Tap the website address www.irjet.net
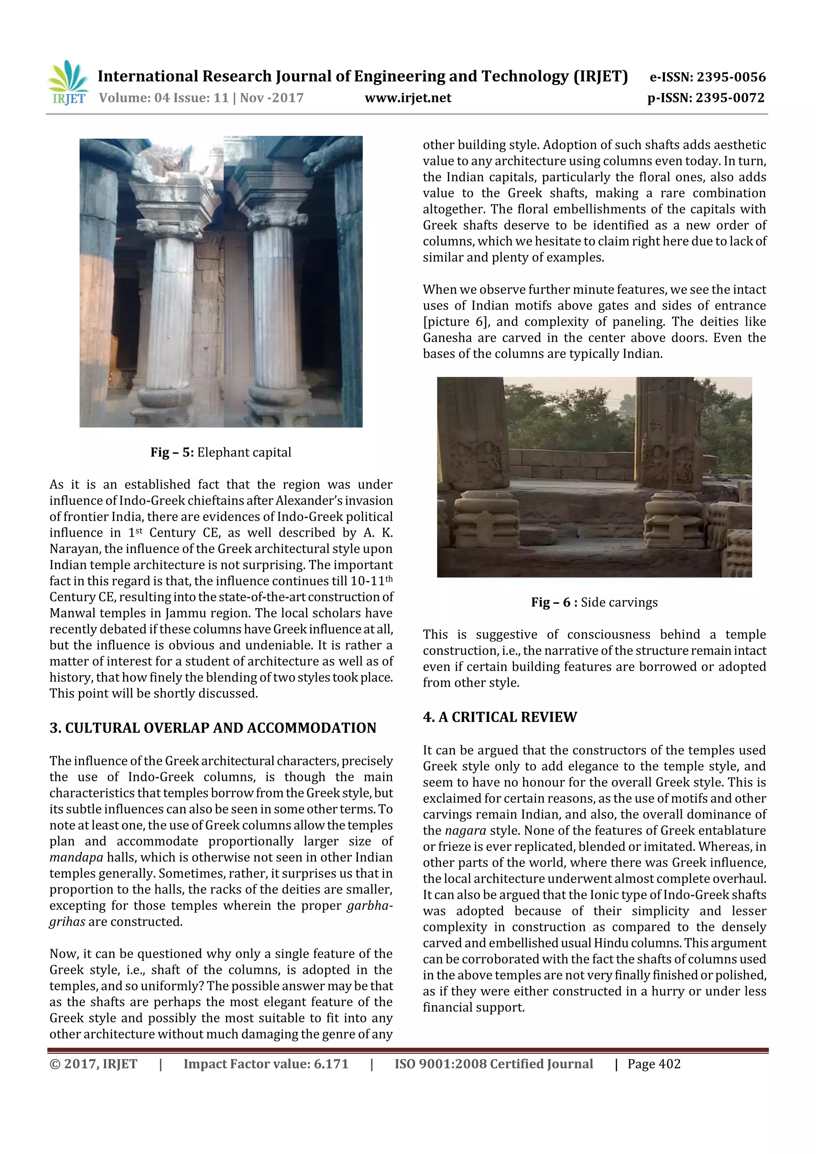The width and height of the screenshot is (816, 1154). (x=408, y=98)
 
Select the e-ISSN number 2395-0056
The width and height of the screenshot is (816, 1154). (x=730, y=77)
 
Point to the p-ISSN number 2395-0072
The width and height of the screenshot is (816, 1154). (x=730, y=98)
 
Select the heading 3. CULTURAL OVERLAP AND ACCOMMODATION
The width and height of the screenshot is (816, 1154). (x=213, y=728)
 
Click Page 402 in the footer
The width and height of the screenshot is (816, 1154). (x=653, y=1064)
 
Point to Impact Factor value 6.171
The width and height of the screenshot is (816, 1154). (x=265, y=1064)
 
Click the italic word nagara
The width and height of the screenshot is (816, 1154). (x=465, y=830)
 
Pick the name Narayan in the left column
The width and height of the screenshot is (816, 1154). (x=73, y=549)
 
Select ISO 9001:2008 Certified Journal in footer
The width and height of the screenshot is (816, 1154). (x=493, y=1064)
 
